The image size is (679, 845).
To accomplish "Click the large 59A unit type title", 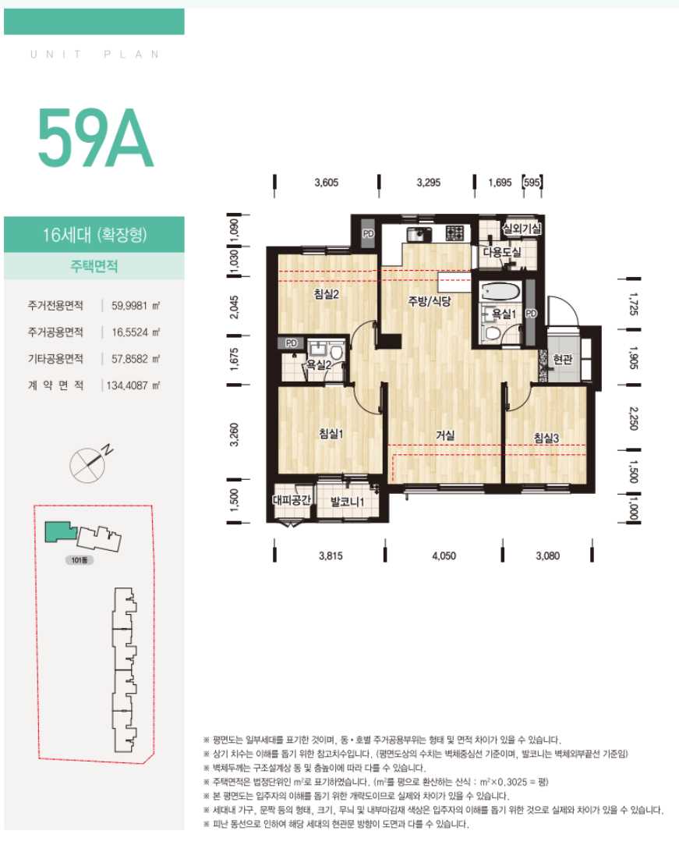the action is pos(95,139).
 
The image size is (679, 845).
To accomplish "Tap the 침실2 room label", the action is pos(327,294).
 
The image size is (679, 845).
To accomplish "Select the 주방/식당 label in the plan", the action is pos(430,300).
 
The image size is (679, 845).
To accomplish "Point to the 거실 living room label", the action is pos(445,435).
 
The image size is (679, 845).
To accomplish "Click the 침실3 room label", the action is pos(546,438).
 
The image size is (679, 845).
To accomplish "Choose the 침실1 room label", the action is pos(331,433).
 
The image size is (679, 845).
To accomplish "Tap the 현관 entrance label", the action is pos(563,359).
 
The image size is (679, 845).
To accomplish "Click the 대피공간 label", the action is pos(292,499).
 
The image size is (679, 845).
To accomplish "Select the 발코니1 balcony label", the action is pos(348,502).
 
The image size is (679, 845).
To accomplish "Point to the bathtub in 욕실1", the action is pos(500,293).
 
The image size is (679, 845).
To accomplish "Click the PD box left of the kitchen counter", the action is pos(368,234).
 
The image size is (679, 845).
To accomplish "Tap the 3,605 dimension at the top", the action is pos(327,183).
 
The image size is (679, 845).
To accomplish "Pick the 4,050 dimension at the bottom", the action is pos(444,556).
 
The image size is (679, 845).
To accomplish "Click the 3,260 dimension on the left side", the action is pos(234,435).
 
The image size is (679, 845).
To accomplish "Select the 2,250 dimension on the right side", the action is pos(633,418).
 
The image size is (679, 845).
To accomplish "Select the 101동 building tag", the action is pos(80,560).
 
